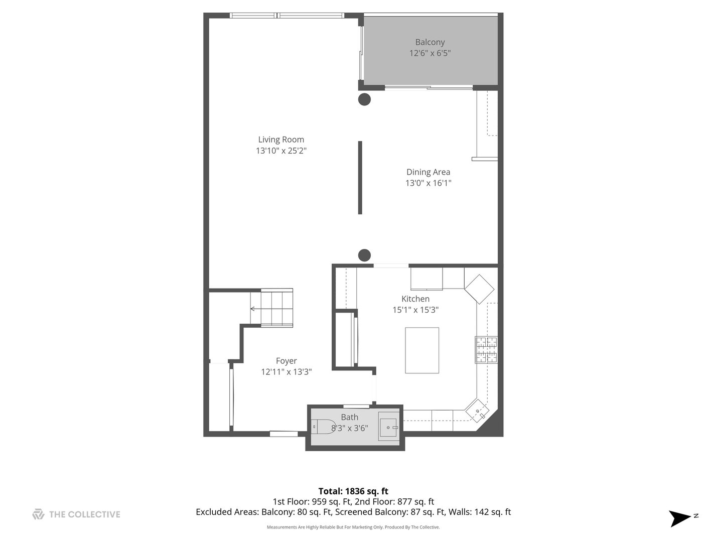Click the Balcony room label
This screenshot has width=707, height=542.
pos(430,42)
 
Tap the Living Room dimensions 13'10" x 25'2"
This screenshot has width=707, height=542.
pos(281,151)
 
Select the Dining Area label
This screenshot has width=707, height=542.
pos(428,172)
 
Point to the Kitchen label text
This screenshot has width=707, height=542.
pos(415,299)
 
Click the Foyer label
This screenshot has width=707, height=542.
pos(286,361)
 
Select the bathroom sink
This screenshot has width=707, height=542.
pos(388,428)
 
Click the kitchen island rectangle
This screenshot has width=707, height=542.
pos(422,350)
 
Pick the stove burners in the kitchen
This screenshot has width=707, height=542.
pos(486,349)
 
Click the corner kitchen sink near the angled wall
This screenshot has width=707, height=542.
pos(476,410)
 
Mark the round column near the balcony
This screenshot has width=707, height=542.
pos(364,99)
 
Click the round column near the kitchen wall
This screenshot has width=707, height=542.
pos(364,255)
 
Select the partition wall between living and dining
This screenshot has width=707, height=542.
pos(360,178)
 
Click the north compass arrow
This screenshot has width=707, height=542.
pos(681,518)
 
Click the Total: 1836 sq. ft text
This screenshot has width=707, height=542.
pos(353,491)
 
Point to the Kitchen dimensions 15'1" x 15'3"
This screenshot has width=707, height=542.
pos(415,310)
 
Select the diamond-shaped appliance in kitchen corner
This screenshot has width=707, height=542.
pos(479,289)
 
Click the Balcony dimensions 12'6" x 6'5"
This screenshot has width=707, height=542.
pos(430,53)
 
